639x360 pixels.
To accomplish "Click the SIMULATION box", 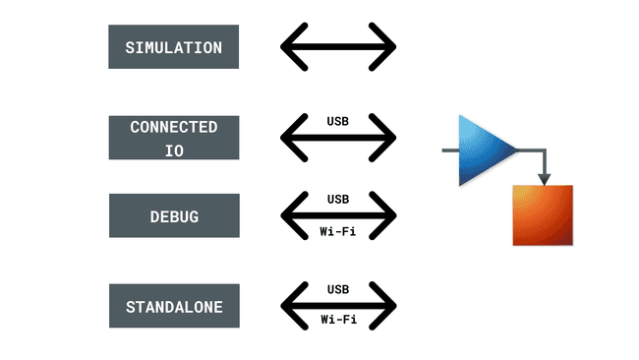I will pyautogui.click(x=173, y=46).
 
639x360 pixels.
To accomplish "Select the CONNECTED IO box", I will pyautogui.click(x=173, y=138).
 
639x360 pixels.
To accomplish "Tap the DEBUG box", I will pyautogui.click(x=173, y=215).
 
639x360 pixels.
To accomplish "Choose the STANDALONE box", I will pyautogui.click(x=173, y=306).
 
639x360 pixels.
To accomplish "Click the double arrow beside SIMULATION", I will pyautogui.click(x=338, y=46).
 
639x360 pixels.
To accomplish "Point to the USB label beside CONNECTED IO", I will pyautogui.click(x=338, y=121).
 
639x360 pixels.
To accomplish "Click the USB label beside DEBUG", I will pyautogui.click(x=338, y=199).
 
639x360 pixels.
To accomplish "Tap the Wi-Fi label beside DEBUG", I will pyautogui.click(x=338, y=232).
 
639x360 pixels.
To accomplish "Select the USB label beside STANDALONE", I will pyautogui.click(x=338, y=289).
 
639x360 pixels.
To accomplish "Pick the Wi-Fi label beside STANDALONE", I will pyautogui.click(x=338, y=321).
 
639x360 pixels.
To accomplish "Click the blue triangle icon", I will pyautogui.click(x=483, y=150).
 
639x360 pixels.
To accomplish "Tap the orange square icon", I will pyautogui.click(x=542, y=214).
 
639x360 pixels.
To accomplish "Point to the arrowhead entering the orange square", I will pyautogui.click(x=543, y=178).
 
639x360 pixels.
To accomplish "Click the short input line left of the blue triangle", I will pyautogui.click(x=451, y=150).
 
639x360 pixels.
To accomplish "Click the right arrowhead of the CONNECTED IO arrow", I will pyautogui.click(x=386, y=138).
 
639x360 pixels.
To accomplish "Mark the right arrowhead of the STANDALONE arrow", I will pyautogui.click(x=386, y=305).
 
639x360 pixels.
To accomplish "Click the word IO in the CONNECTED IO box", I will pyautogui.click(x=173, y=150).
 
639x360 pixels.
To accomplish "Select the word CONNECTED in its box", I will pyautogui.click(x=173, y=127).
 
